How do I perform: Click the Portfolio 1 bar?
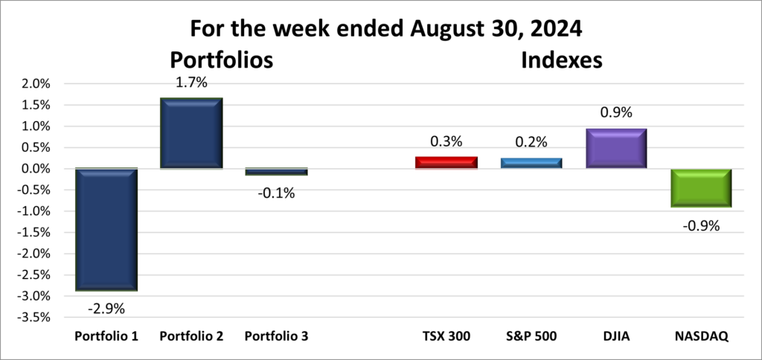106,229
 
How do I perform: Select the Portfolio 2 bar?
191,134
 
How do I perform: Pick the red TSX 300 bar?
446,163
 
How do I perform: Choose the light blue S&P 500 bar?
531,163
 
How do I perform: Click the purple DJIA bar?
615,148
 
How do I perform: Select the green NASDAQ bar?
701,188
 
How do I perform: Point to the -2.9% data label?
106,307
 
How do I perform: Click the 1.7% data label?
191,83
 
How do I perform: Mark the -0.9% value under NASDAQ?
701,225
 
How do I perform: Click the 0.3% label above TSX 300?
446,141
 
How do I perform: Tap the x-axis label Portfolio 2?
191,336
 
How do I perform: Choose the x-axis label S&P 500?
531,336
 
